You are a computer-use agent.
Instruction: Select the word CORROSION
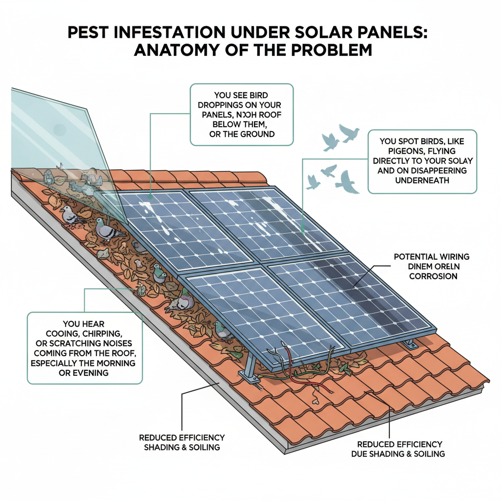pyautogui.click(x=433, y=276)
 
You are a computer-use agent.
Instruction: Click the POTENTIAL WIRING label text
pyautogui.click(x=432, y=256)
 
